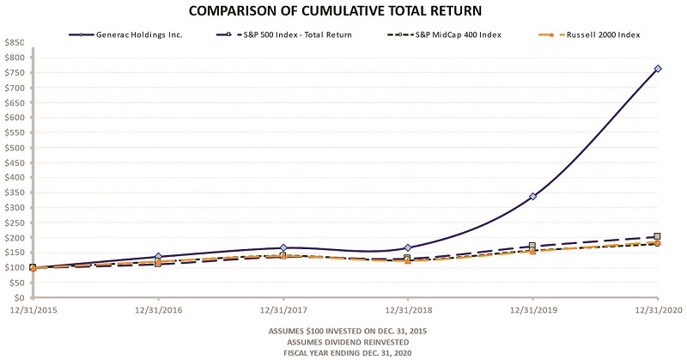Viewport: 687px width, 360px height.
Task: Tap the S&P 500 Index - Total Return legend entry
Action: [292, 34]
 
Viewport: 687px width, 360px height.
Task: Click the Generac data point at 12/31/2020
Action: [658, 69]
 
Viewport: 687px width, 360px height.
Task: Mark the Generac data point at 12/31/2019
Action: [533, 197]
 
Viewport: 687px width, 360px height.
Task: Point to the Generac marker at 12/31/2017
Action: [283, 248]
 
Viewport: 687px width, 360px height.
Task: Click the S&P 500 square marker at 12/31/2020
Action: [658, 236]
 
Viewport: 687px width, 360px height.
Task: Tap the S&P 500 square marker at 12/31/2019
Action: [533, 246]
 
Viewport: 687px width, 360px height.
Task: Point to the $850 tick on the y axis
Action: [15, 42]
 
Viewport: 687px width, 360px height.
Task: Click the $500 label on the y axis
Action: [15, 147]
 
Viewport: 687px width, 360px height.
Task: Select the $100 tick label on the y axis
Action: [15, 267]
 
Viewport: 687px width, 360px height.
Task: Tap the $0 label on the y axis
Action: [19, 297]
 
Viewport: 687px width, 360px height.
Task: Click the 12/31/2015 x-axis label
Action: [32, 311]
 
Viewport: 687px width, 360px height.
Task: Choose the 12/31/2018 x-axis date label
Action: [408, 311]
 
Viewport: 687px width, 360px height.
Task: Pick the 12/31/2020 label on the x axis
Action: [658, 311]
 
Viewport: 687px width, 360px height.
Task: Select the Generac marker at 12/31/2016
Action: [158, 257]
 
